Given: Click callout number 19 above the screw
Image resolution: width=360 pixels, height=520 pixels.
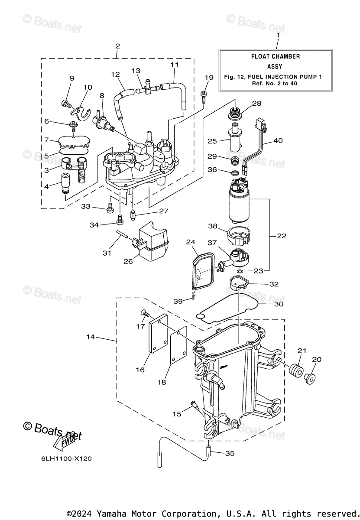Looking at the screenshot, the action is click(x=209, y=77).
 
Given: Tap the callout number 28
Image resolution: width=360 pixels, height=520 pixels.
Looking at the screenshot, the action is click(x=256, y=103).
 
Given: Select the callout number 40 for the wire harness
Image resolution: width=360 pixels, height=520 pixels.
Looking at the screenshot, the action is click(x=278, y=140).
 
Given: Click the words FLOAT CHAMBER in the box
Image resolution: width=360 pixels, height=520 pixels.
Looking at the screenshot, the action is click(x=276, y=56).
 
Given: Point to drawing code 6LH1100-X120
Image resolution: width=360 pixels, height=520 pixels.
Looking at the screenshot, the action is click(x=66, y=459).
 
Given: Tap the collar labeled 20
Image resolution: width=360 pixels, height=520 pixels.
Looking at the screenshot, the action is click(x=310, y=378).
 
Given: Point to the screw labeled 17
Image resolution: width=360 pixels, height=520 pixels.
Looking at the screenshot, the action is click(x=144, y=313).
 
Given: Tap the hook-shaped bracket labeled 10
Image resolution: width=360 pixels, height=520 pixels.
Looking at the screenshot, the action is click(x=81, y=113).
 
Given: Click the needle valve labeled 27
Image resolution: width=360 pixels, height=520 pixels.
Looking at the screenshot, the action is click(x=133, y=214).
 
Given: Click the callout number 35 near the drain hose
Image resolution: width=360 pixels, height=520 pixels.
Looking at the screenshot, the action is click(x=230, y=453).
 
